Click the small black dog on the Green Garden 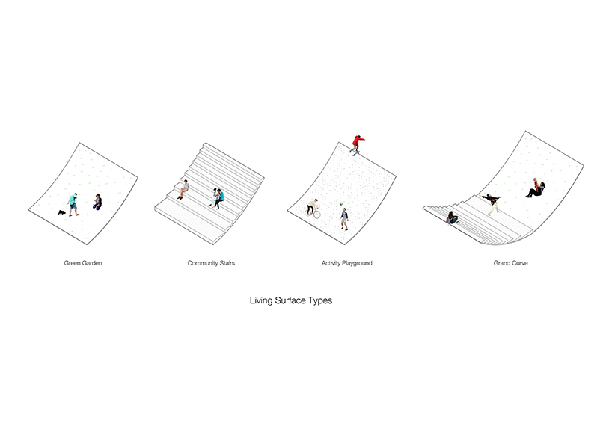click(62, 212)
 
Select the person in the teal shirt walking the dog click(73, 204)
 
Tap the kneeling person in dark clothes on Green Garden click(97, 201)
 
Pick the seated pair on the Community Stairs click(218, 197)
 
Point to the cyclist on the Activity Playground click(313, 209)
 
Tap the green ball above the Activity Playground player click(342, 203)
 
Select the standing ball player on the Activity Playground click(344, 219)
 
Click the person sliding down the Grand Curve click(536, 188)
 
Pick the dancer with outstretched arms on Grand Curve click(491, 202)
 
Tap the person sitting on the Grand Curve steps click(452, 217)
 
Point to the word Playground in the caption click(356, 264)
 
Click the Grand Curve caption click(510, 264)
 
